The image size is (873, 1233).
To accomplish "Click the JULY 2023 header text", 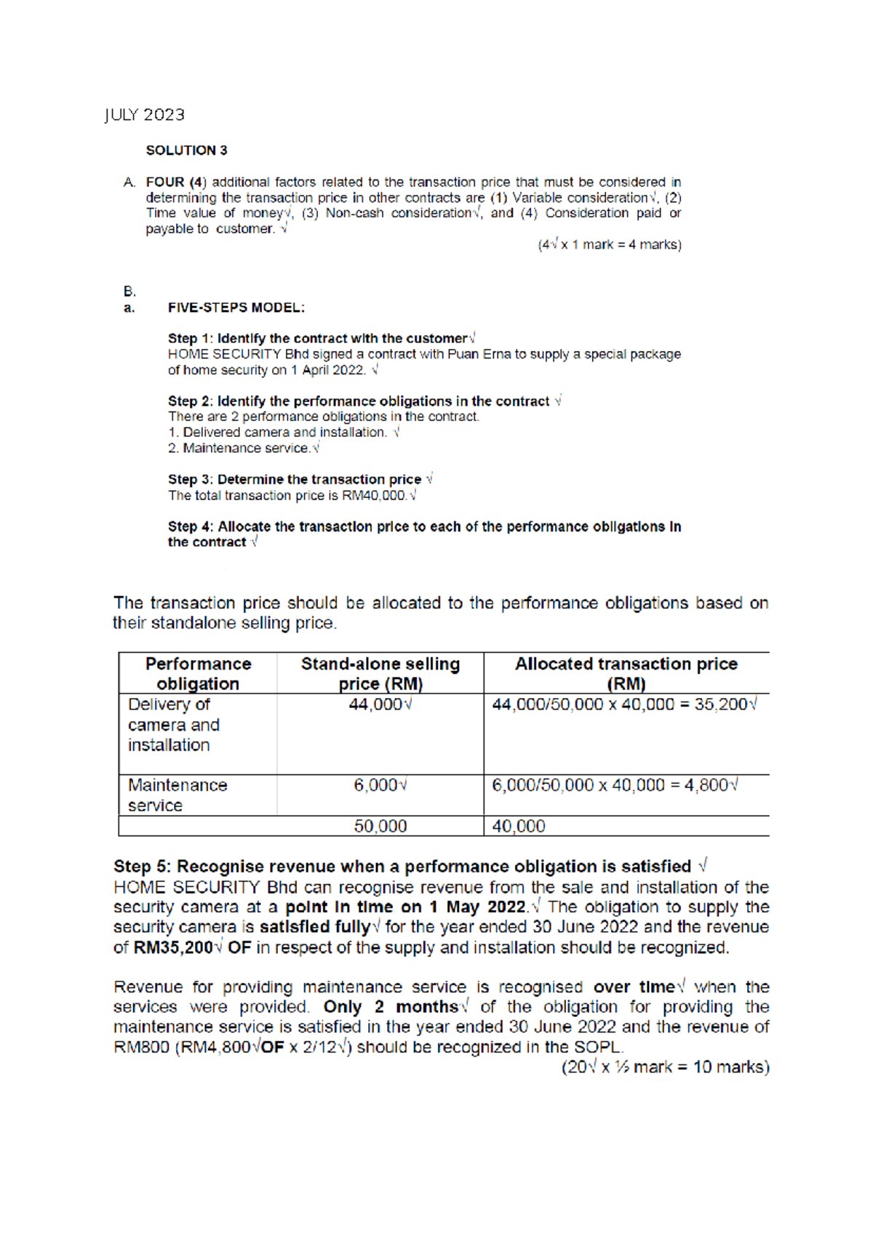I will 144,115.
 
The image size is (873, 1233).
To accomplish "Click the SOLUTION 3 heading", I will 186,150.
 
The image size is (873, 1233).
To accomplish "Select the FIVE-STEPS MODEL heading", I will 236,308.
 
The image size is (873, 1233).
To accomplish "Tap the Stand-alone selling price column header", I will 380,673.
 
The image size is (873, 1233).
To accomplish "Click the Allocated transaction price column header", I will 626,673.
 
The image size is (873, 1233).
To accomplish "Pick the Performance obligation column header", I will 198,673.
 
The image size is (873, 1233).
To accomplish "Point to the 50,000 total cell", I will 380,827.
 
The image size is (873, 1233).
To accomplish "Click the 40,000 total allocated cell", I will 519,827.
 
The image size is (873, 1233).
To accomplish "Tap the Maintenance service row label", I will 178,795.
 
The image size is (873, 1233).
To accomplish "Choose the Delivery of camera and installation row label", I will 173,725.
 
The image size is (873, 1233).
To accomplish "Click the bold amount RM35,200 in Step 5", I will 173,948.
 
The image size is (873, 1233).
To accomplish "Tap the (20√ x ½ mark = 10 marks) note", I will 665,1067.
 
